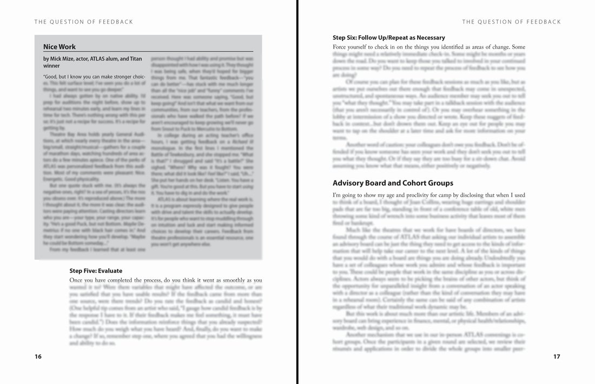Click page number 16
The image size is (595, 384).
click(x=38, y=356)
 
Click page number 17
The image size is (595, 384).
click(x=557, y=356)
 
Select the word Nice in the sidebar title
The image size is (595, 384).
click(x=50, y=47)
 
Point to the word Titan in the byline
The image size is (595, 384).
click(x=136, y=59)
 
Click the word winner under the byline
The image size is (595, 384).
click(x=52, y=66)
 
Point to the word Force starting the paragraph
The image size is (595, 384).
click(x=341, y=47)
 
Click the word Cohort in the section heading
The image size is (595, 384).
click(x=423, y=183)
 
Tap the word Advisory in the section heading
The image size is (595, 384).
click(x=349, y=183)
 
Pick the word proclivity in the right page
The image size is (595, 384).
click(x=416, y=195)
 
